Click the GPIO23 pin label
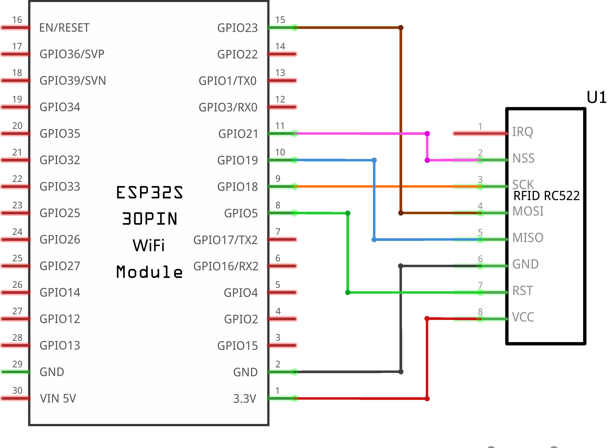click(237, 28)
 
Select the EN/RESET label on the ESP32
click(64, 28)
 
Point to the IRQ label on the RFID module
click(522, 132)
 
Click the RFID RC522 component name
click(546, 196)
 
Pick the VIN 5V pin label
click(58, 398)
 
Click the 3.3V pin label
click(244, 399)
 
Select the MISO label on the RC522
click(527, 238)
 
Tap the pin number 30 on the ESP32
click(17, 391)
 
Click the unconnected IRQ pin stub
click(480, 133)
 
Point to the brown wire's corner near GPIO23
click(401, 28)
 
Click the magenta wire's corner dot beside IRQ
click(427, 133)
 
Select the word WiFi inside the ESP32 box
click(149, 245)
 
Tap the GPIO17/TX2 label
click(226, 240)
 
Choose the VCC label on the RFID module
click(523, 317)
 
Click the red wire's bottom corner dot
click(427, 399)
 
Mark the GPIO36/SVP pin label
click(72, 54)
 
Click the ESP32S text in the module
click(149, 193)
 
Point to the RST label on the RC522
click(522, 291)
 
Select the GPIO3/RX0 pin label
click(228, 107)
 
